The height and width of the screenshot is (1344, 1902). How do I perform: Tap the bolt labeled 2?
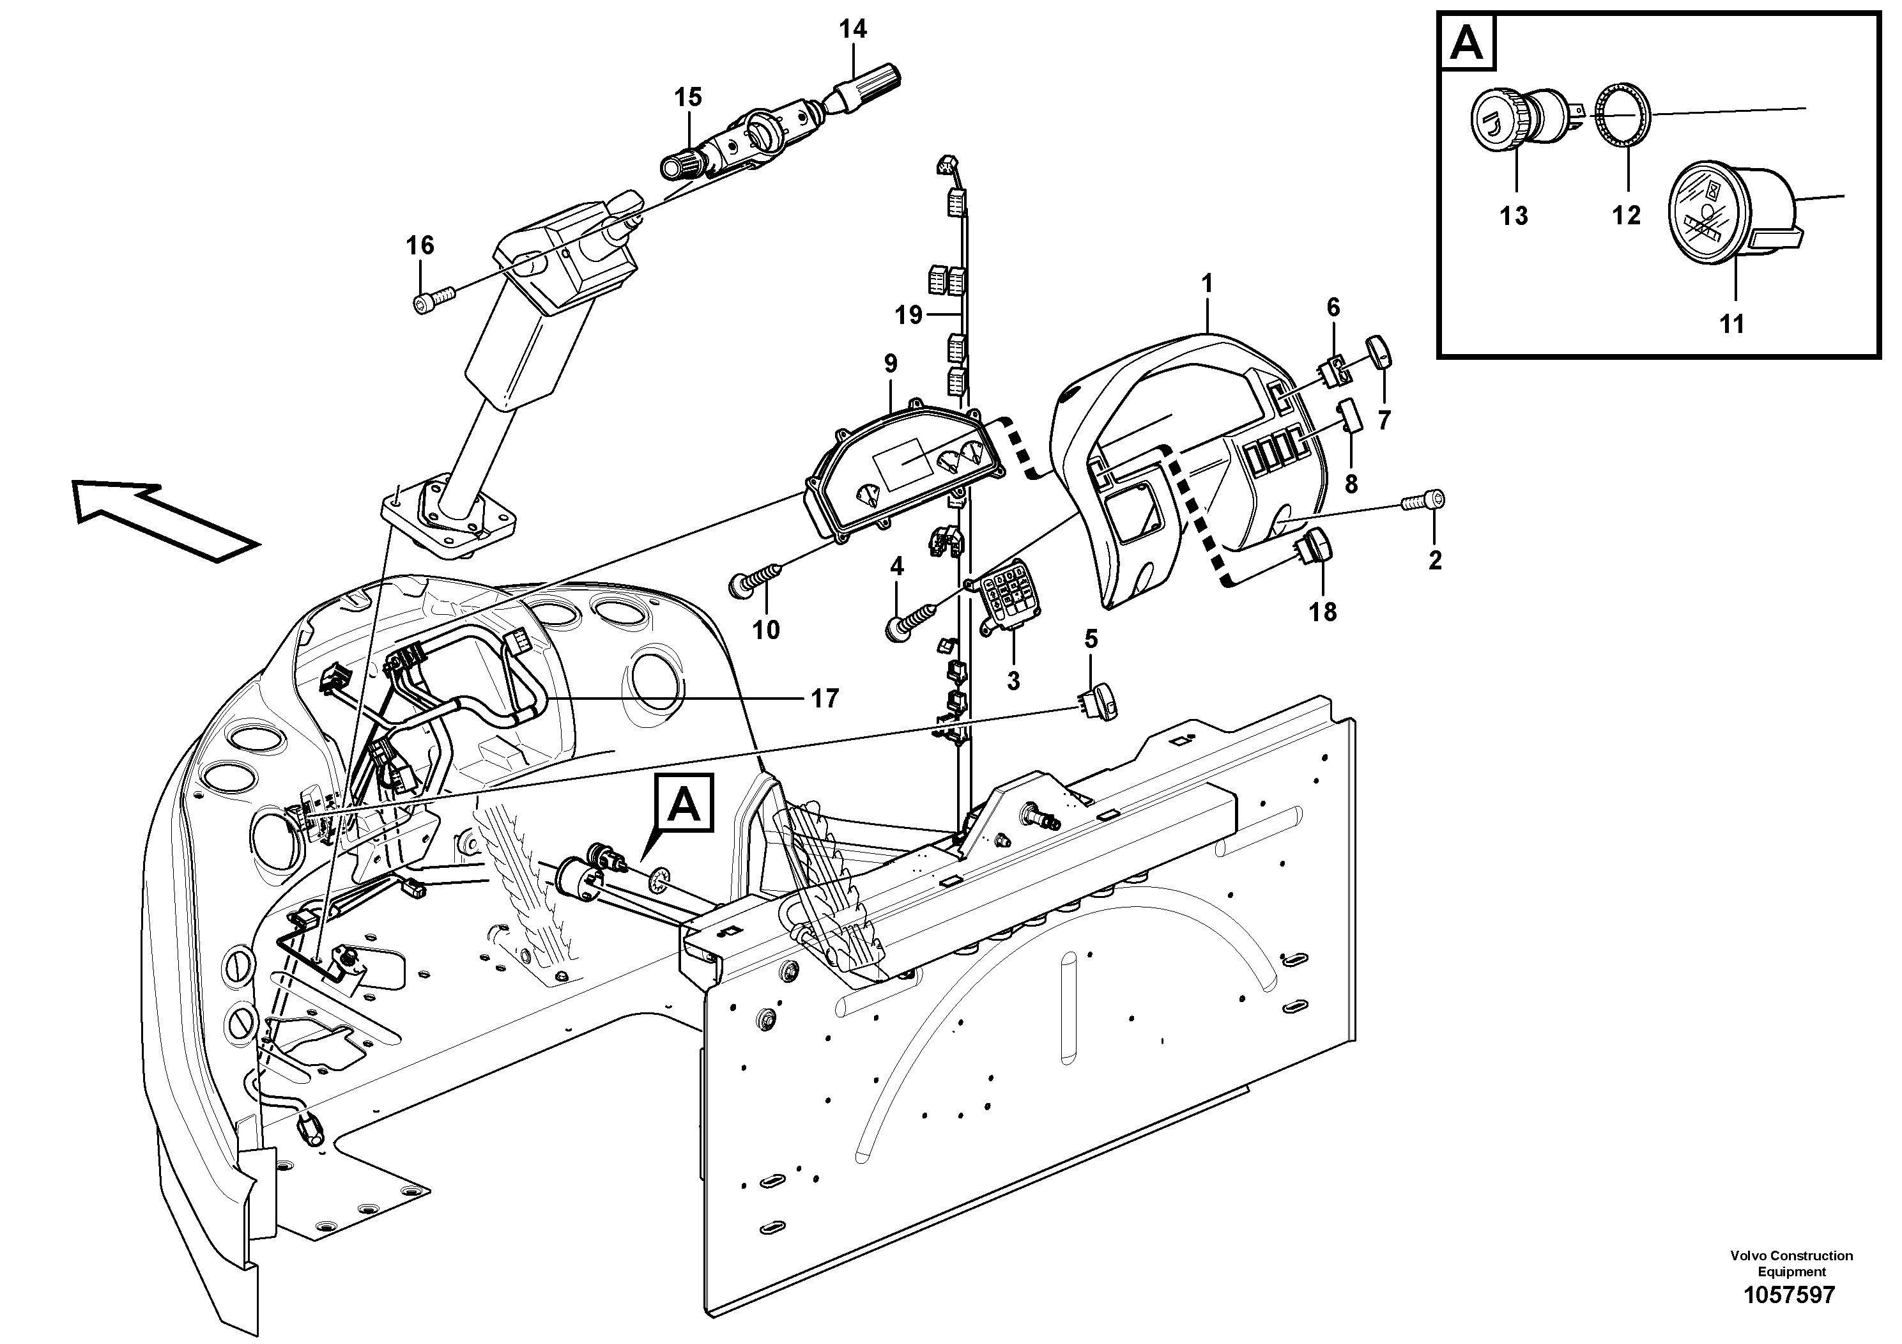coord(1425,500)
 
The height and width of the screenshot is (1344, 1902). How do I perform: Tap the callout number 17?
coord(824,699)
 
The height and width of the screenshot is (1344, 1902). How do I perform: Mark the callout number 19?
coord(908,315)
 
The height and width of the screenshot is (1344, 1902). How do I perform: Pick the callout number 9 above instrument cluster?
coord(890,363)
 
